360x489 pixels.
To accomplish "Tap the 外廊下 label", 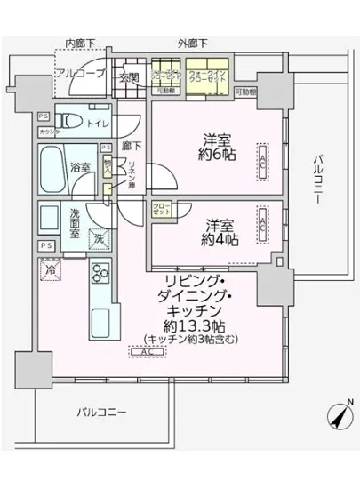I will [x=192, y=43].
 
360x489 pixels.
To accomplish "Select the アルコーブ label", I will [x=81, y=74].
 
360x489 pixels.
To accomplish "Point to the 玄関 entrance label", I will [x=130, y=77].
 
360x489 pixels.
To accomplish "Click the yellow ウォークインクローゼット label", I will [x=206, y=76].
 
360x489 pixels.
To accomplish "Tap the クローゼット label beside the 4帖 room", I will [x=161, y=211].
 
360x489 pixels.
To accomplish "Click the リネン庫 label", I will [x=129, y=170].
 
